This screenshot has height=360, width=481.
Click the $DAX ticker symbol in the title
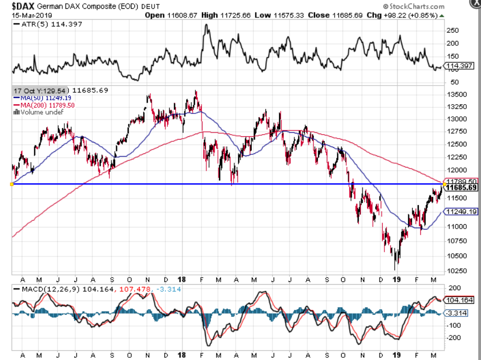tap(23, 6)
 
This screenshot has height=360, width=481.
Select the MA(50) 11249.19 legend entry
tap(43, 98)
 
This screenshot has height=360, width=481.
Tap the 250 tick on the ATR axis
tap(453, 31)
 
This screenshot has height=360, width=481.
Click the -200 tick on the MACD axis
tap(454, 338)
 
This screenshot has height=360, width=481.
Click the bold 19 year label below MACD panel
tap(399, 355)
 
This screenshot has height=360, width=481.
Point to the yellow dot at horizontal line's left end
tap(12, 184)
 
